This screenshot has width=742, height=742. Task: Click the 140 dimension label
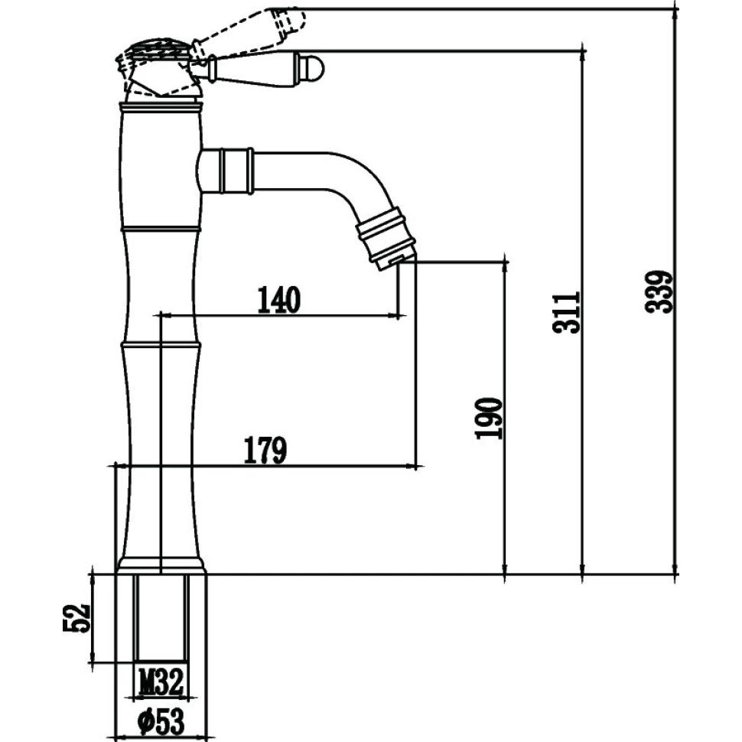click(x=278, y=300)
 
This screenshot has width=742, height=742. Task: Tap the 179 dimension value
click(x=265, y=451)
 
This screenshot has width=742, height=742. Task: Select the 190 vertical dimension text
click(x=490, y=418)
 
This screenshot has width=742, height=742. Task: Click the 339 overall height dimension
click(x=659, y=291)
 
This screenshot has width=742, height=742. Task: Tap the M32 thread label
click(x=161, y=679)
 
